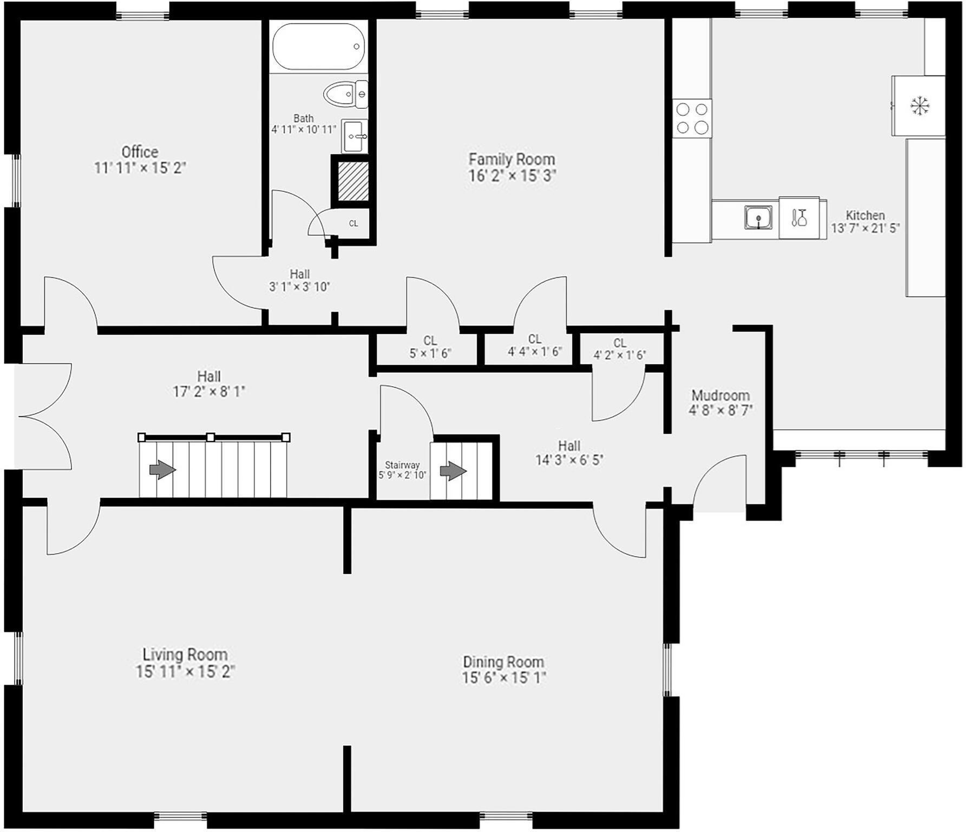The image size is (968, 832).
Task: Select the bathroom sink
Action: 355,136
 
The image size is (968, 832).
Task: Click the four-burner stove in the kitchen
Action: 692,118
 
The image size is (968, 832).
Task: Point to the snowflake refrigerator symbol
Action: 920,106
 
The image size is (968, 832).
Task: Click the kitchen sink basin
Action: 758,218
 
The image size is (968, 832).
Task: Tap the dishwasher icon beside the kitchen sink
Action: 799,218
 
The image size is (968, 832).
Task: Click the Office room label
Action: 140,152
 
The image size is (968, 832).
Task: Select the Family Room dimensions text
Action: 512,175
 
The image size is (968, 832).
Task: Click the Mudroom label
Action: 721,395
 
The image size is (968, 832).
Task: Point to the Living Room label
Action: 185,654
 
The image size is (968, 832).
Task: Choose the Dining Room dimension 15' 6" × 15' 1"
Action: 503,678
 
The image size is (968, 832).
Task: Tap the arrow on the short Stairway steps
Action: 453,472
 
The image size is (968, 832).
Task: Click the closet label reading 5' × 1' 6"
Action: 430,353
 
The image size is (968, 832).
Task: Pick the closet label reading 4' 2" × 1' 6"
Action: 620,355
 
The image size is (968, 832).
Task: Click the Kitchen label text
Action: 865,215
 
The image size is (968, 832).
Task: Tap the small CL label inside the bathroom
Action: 354,223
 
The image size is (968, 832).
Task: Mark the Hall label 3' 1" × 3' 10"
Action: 299,287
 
